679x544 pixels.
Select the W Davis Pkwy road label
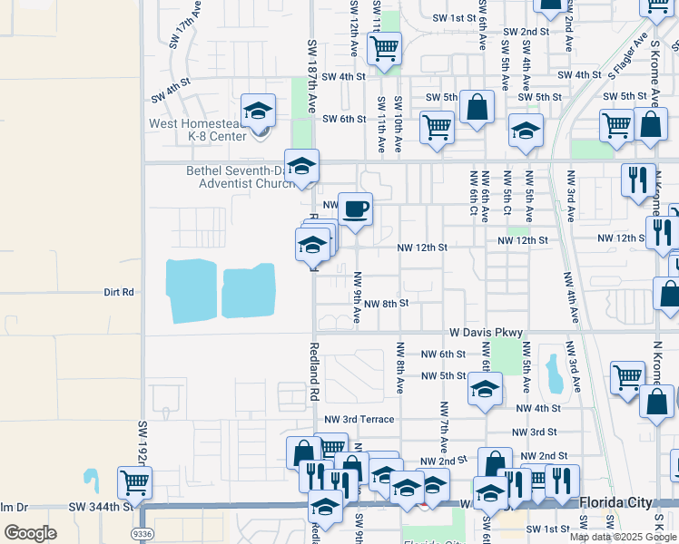(x=483, y=333)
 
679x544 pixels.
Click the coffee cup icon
(x=355, y=209)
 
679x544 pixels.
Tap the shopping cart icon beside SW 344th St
(x=134, y=481)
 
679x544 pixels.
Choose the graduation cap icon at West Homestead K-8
(x=258, y=111)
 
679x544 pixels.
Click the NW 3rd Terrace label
(x=359, y=419)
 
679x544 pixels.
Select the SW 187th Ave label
(x=312, y=69)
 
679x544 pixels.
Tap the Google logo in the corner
(x=30, y=533)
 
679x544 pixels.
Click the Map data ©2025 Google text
(x=623, y=537)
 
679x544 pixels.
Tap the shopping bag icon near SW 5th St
(x=477, y=107)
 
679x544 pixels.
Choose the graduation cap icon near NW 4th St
(x=485, y=389)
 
